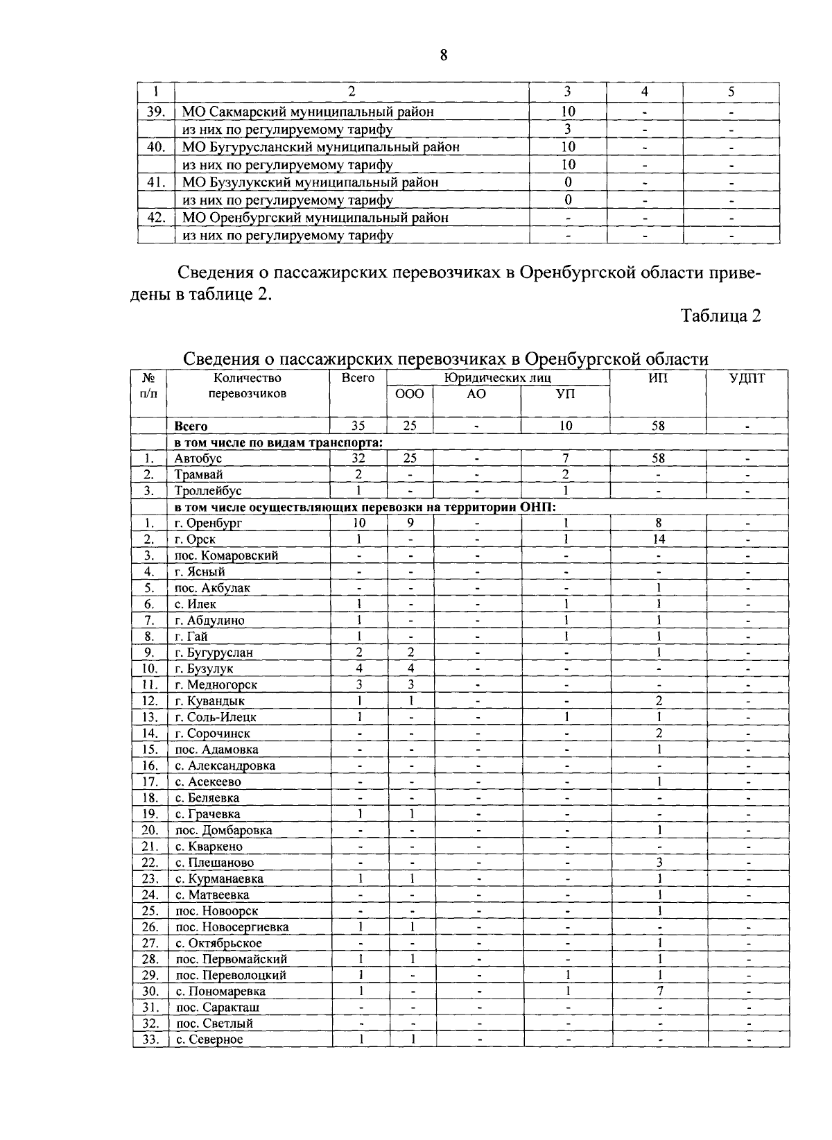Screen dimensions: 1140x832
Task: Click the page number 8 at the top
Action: [444, 55]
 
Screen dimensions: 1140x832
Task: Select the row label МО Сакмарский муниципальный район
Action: [309, 112]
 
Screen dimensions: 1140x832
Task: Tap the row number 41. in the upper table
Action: [155, 182]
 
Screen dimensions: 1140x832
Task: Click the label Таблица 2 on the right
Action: [721, 316]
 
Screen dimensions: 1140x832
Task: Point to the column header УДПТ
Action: [747, 378]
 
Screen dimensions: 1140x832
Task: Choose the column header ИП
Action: [658, 378]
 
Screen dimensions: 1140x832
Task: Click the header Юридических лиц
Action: [498, 378]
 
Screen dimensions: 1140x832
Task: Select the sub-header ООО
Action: [409, 394]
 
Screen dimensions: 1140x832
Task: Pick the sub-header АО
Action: [476, 394]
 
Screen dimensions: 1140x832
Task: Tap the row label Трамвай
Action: [199, 475]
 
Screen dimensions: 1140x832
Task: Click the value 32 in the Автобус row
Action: [358, 458]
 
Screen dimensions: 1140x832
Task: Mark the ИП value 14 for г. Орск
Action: [659, 539]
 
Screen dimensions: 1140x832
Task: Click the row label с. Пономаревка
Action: [220, 992]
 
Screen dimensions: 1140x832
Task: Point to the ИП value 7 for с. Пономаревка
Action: [659, 992]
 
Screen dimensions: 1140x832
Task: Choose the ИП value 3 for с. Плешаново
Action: [659, 863]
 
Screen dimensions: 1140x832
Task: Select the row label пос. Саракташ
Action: [217, 1008]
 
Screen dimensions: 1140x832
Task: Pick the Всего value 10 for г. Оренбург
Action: [358, 523]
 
